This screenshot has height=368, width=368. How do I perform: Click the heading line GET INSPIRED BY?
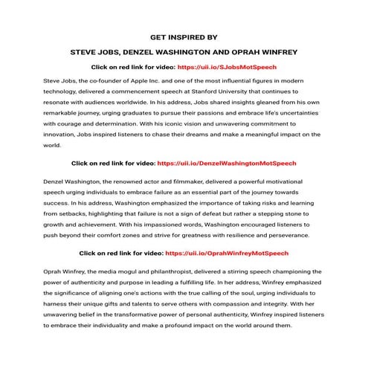184,35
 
